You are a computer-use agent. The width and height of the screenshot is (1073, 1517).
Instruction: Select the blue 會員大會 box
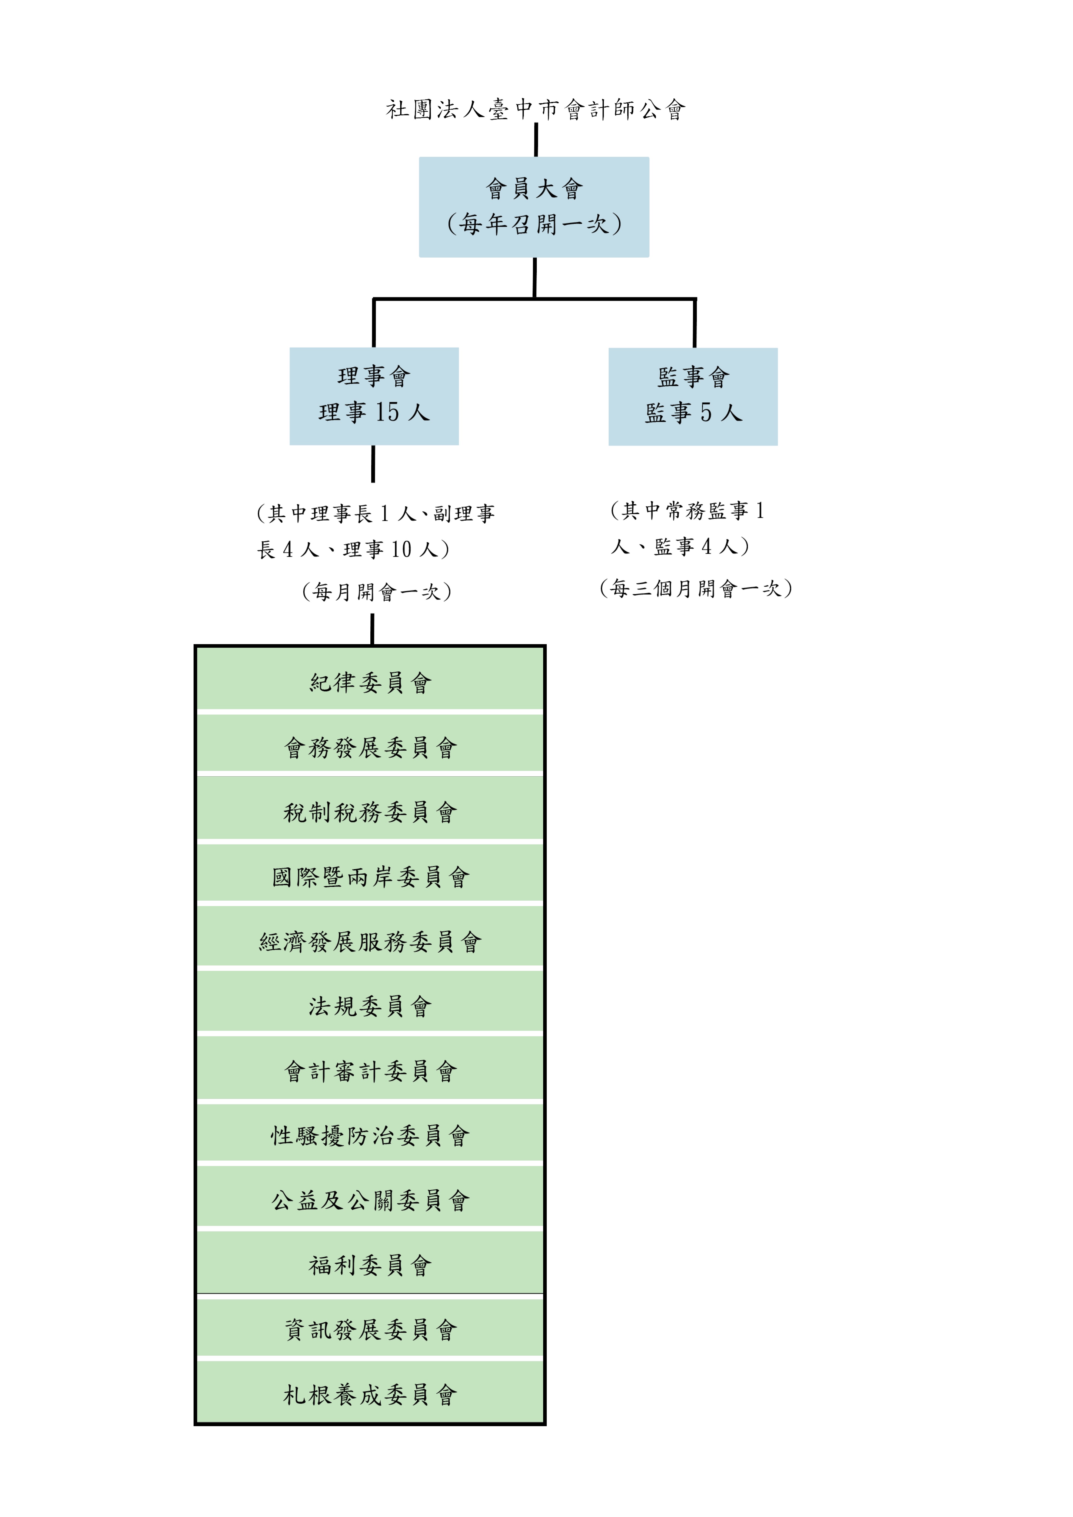pyautogui.click(x=534, y=207)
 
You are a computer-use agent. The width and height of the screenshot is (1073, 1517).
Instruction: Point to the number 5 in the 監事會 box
pyautogui.click(x=706, y=413)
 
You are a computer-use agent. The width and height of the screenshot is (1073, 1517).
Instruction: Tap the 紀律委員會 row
pyautogui.click(x=370, y=683)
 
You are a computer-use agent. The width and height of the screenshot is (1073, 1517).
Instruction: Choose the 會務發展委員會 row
pyautogui.click(x=370, y=747)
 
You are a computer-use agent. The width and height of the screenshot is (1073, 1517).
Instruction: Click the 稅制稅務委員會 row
pyautogui.click(x=370, y=812)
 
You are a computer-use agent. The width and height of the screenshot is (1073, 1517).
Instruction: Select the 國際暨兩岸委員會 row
pyautogui.click(x=370, y=877)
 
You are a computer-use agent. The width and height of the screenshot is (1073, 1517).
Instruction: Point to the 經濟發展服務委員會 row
pyautogui.click(x=370, y=942)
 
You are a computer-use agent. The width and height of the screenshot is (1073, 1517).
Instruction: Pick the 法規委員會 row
pyautogui.click(x=370, y=1006)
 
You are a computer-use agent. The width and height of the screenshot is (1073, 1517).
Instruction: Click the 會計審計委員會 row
pyautogui.click(x=370, y=1071)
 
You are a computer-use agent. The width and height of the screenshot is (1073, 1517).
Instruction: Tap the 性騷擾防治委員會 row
pyautogui.click(x=370, y=1136)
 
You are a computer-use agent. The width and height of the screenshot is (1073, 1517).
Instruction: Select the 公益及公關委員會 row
pyautogui.click(x=370, y=1200)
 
